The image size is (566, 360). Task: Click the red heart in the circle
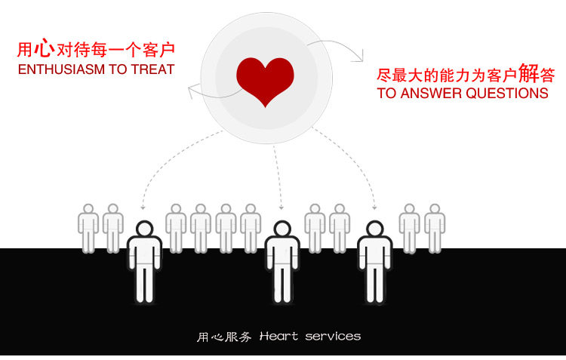(x=265, y=78)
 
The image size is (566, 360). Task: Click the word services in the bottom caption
(x=333, y=336)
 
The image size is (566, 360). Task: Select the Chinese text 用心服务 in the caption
(x=224, y=337)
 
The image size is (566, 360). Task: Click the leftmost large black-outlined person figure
(x=143, y=261)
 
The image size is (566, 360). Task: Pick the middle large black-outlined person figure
(x=282, y=261)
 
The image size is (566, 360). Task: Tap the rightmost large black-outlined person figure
(x=374, y=261)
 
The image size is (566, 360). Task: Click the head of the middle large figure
(x=282, y=229)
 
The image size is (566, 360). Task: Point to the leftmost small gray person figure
(x=88, y=226)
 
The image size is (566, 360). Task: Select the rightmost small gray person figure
(x=434, y=226)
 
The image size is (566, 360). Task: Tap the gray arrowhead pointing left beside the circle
(x=192, y=91)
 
